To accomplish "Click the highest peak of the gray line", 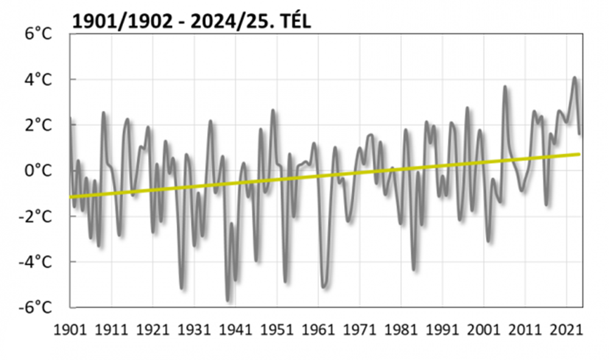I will (574, 78).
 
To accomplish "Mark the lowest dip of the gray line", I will (228, 299).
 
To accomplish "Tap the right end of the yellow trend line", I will (579, 154).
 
